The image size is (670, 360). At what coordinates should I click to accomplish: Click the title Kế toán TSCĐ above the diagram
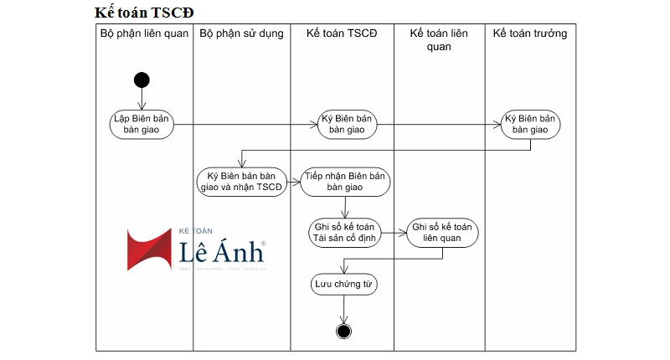(x=147, y=13)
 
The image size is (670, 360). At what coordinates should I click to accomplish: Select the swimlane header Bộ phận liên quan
(x=144, y=33)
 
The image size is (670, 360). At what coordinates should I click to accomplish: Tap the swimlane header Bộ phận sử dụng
(x=241, y=33)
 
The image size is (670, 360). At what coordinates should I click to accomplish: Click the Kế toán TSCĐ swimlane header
(x=342, y=33)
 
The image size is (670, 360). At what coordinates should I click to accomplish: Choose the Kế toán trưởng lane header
(x=530, y=33)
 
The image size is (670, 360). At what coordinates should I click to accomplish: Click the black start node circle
(x=142, y=80)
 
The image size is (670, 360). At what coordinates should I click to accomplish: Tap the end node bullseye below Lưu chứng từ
(x=343, y=330)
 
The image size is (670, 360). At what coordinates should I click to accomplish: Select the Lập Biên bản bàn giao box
(x=142, y=124)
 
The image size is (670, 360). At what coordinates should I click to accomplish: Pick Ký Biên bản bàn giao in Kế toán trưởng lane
(x=531, y=124)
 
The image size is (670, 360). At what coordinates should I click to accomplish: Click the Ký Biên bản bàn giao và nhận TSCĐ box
(x=241, y=181)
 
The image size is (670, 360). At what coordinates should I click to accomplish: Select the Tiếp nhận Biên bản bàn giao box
(x=344, y=181)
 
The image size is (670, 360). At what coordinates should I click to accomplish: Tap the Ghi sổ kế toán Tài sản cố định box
(x=344, y=232)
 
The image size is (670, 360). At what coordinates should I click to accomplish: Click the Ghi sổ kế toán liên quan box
(x=443, y=232)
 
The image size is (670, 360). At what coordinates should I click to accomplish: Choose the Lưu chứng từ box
(x=343, y=285)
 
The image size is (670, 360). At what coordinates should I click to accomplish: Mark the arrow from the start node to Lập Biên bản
(x=142, y=99)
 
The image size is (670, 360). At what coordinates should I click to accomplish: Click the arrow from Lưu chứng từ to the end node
(x=343, y=308)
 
